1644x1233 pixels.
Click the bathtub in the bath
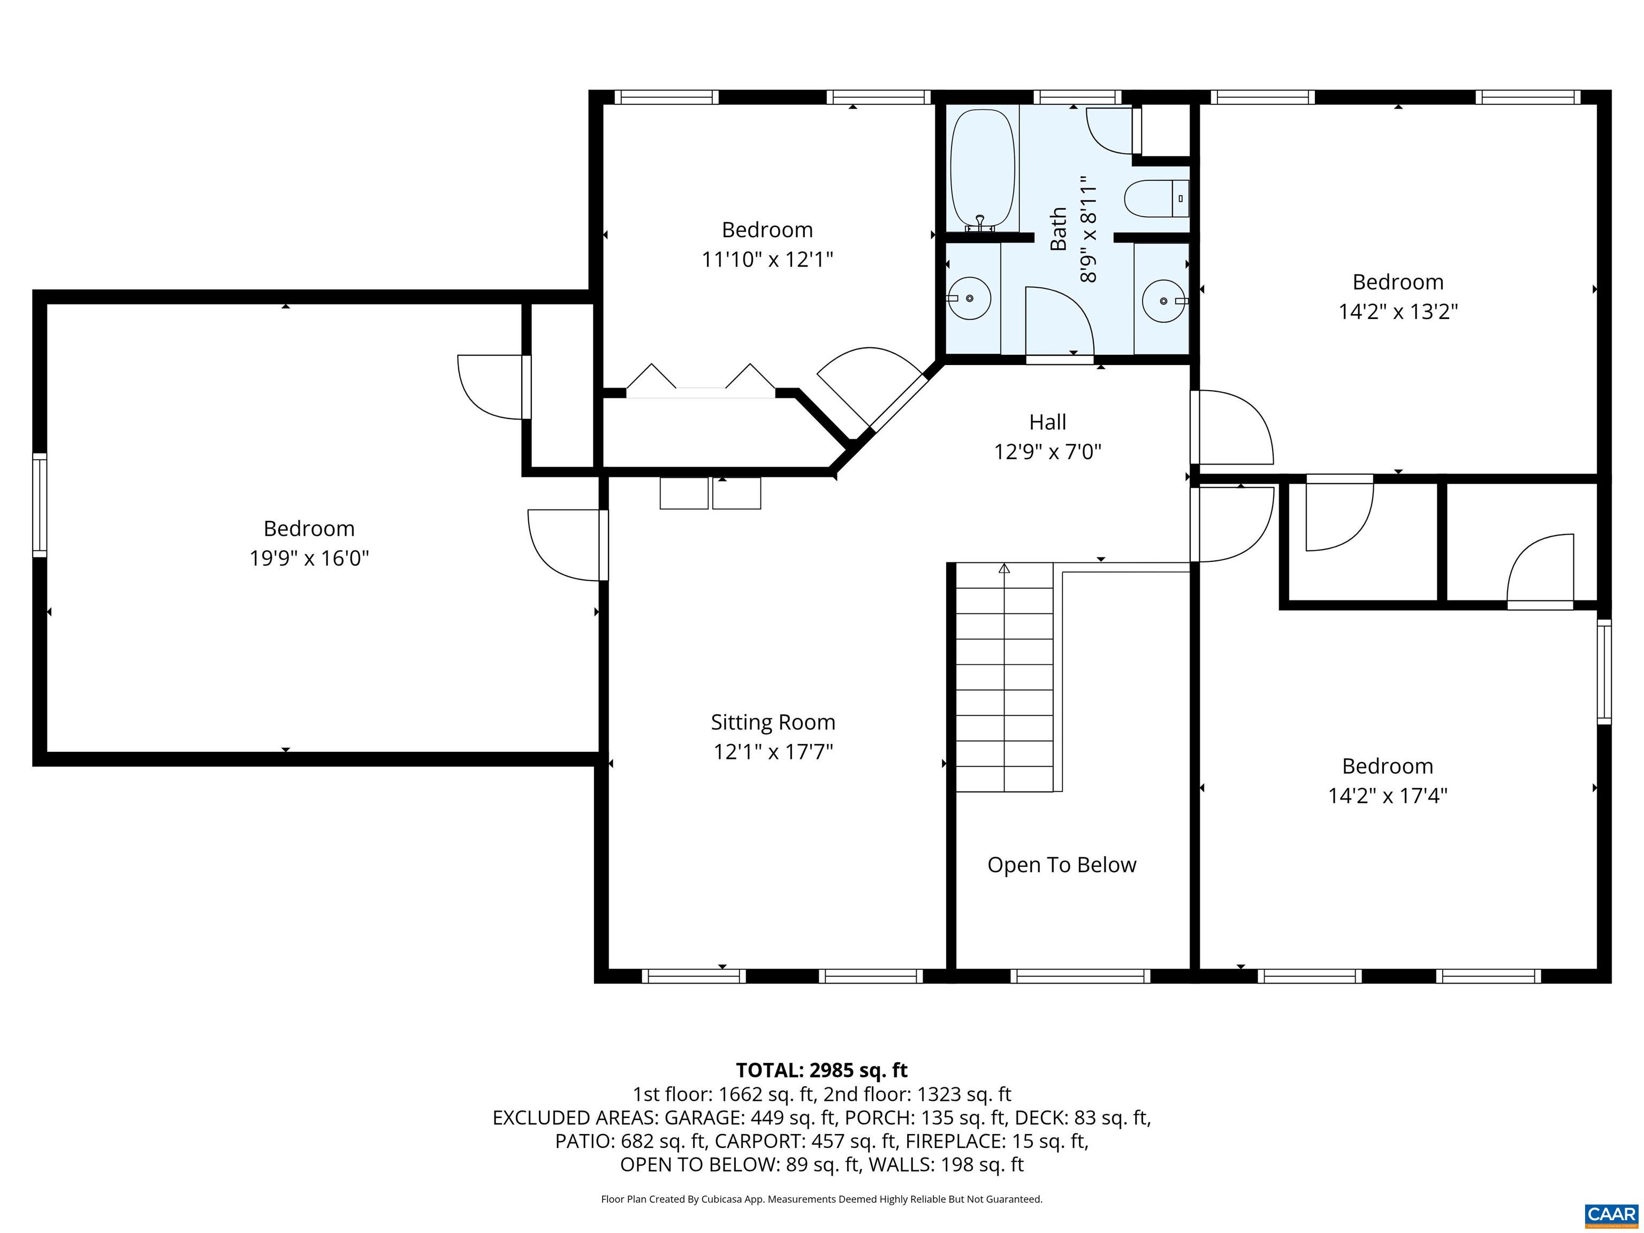point(982,170)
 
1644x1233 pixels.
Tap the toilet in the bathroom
point(1155,199)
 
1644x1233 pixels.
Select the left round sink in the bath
point(970,298)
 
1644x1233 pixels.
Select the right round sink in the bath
point(1163,300)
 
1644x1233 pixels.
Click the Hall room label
point(1047,422)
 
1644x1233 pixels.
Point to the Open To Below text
point(1061,865)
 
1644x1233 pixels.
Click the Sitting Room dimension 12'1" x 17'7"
point(773,751)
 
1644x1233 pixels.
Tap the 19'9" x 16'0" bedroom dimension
point(309,558)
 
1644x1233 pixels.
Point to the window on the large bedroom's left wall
point(40,505)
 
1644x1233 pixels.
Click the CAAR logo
point(1611,1214)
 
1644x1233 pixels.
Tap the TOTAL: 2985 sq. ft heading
point(821,1070)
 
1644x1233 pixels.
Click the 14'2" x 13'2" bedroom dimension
point(1398,311)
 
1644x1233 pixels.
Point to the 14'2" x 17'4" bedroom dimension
point(1388,796)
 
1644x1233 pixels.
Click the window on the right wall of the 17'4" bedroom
point(1604,672)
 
